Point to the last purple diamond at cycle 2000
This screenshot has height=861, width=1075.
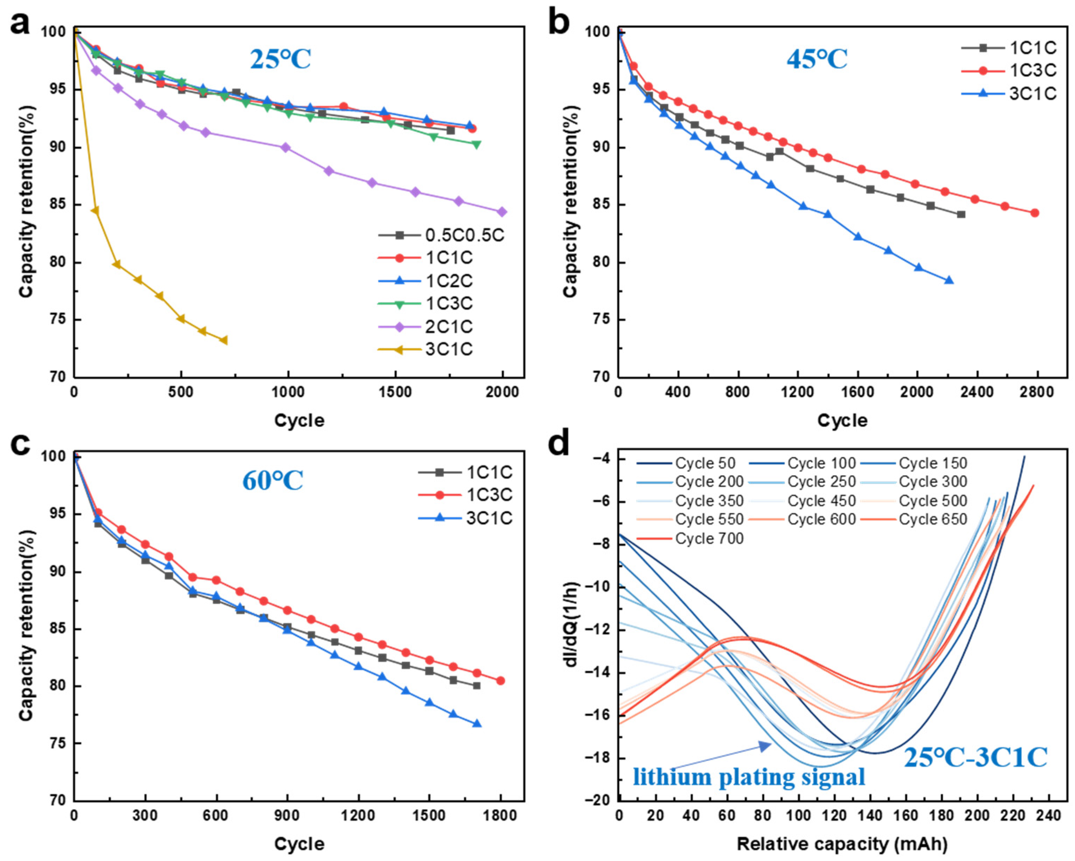pyautogui.click(x=502, y=212)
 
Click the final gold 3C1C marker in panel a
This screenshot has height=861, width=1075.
pyautogui.click(x=224, y=340)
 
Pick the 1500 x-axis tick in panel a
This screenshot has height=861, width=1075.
pyautogui.click(x=395, y=392)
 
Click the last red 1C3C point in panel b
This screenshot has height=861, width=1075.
pyautogui.click(x=1035, y=213)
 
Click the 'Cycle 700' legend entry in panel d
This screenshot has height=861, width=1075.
pyautogui.click(x=691, y=539)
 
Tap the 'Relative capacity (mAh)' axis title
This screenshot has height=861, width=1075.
pyautogui.click(x=842, y=844)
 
